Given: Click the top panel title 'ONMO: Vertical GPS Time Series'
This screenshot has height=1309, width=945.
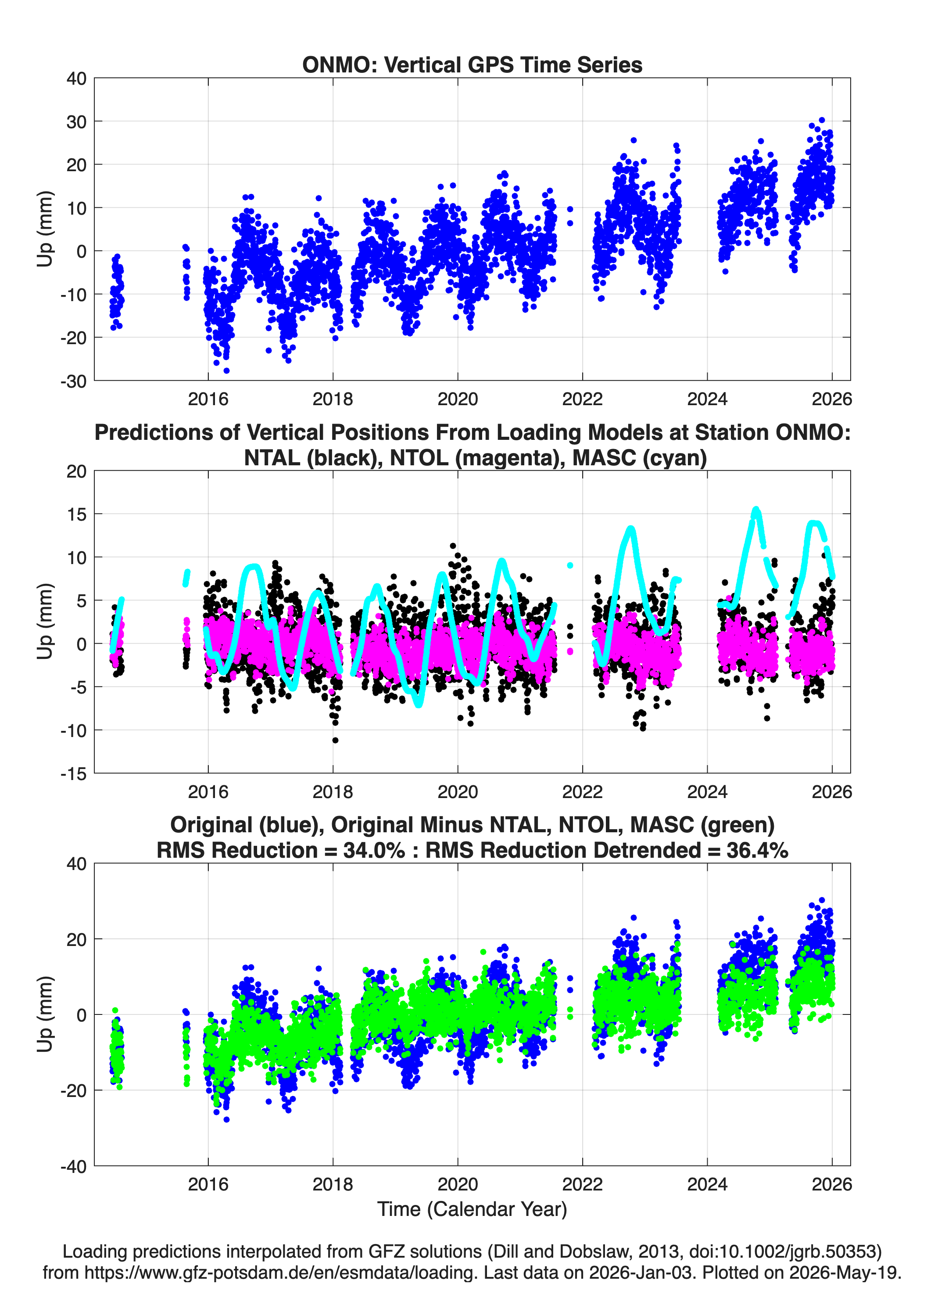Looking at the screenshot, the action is click(472, 65).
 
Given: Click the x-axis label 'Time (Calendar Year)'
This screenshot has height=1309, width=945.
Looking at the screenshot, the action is click(472, 1209).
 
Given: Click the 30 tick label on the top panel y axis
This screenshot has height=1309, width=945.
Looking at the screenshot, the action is click(76, 122).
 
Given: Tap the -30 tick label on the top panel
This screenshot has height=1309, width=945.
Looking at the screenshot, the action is click(73, 381).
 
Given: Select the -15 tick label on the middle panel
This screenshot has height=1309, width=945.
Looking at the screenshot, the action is click(73, 773).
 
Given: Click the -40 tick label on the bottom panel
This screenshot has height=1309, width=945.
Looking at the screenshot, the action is click(73, 1166).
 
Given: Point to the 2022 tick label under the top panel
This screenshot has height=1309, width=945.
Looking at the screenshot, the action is click(582, 399).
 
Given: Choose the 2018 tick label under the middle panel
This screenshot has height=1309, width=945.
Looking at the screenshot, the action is click(333, 791).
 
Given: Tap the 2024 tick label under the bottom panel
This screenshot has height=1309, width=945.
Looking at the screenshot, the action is click(707, 1184).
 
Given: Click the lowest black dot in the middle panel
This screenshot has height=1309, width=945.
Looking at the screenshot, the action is click(335, 741).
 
